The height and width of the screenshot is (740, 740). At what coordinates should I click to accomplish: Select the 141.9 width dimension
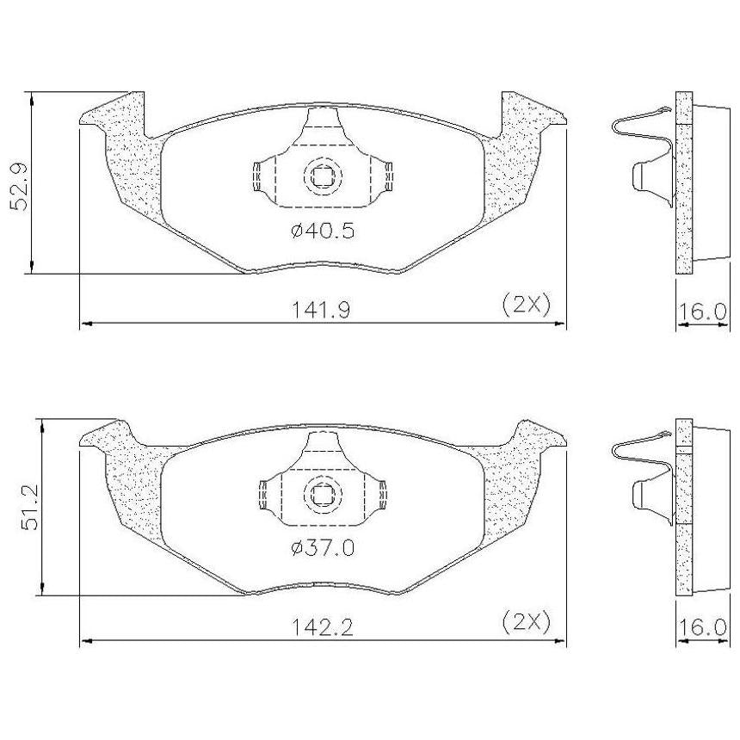point(322,310)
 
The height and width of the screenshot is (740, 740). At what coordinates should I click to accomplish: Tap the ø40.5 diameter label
point(323,231)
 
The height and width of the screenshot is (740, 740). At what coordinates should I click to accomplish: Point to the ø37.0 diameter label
point(323,548)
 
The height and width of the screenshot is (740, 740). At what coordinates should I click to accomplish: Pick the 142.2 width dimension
point(323,627)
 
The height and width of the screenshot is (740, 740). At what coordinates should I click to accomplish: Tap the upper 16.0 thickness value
point(702,311)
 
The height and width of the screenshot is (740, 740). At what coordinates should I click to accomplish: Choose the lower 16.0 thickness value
point(702,627)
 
